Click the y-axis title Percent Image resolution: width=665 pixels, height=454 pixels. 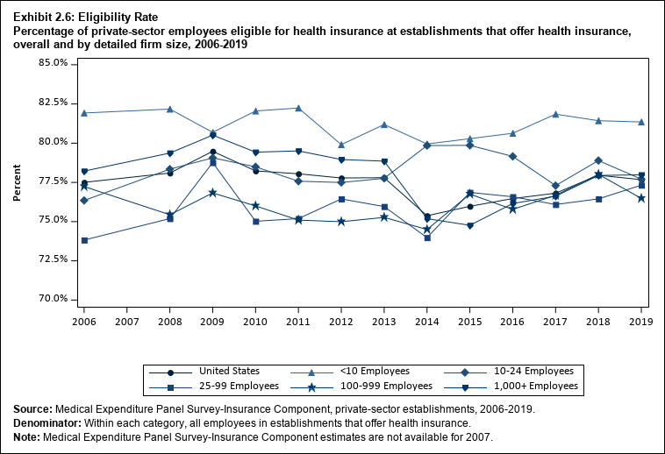pyautogui.click(x=17, y=181)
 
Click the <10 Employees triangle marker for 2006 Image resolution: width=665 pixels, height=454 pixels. pyautogui.click(x=84, y=113)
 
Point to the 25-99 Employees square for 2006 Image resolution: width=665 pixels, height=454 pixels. pyautogui.click(x=84, y=240)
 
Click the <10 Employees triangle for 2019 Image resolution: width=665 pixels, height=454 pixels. pyautogui.click(x=641, y=122)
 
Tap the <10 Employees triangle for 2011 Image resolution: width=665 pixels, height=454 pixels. pyautogui.click(x=298, y=108)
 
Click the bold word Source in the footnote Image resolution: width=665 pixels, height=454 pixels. pyautogui.click(x=32, y=409)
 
